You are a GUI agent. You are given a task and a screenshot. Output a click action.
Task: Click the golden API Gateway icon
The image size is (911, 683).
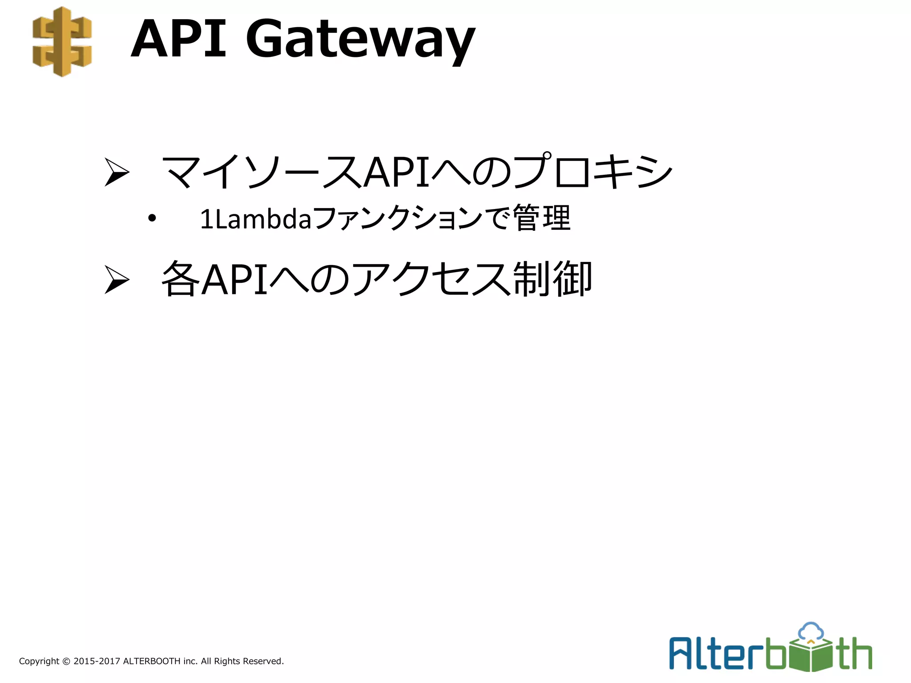[62, 41]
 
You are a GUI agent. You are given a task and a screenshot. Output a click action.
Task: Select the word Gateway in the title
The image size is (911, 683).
[361, 41]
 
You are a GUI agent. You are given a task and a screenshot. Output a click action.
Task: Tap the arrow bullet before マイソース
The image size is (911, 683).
[117, 172]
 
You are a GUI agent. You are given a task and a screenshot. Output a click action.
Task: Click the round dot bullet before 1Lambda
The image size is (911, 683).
[152, 218]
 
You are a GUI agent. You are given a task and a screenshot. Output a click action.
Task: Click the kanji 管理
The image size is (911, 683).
[541, 218]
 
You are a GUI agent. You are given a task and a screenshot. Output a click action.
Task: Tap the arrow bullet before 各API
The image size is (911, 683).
[117, 279]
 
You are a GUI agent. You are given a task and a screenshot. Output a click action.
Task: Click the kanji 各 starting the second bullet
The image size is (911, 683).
[180, 279]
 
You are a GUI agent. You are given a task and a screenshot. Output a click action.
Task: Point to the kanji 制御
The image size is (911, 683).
[552, 279]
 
